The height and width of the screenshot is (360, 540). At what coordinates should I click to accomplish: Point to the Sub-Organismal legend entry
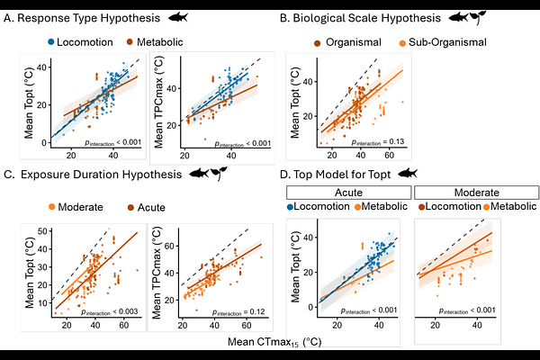pos(429,41)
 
